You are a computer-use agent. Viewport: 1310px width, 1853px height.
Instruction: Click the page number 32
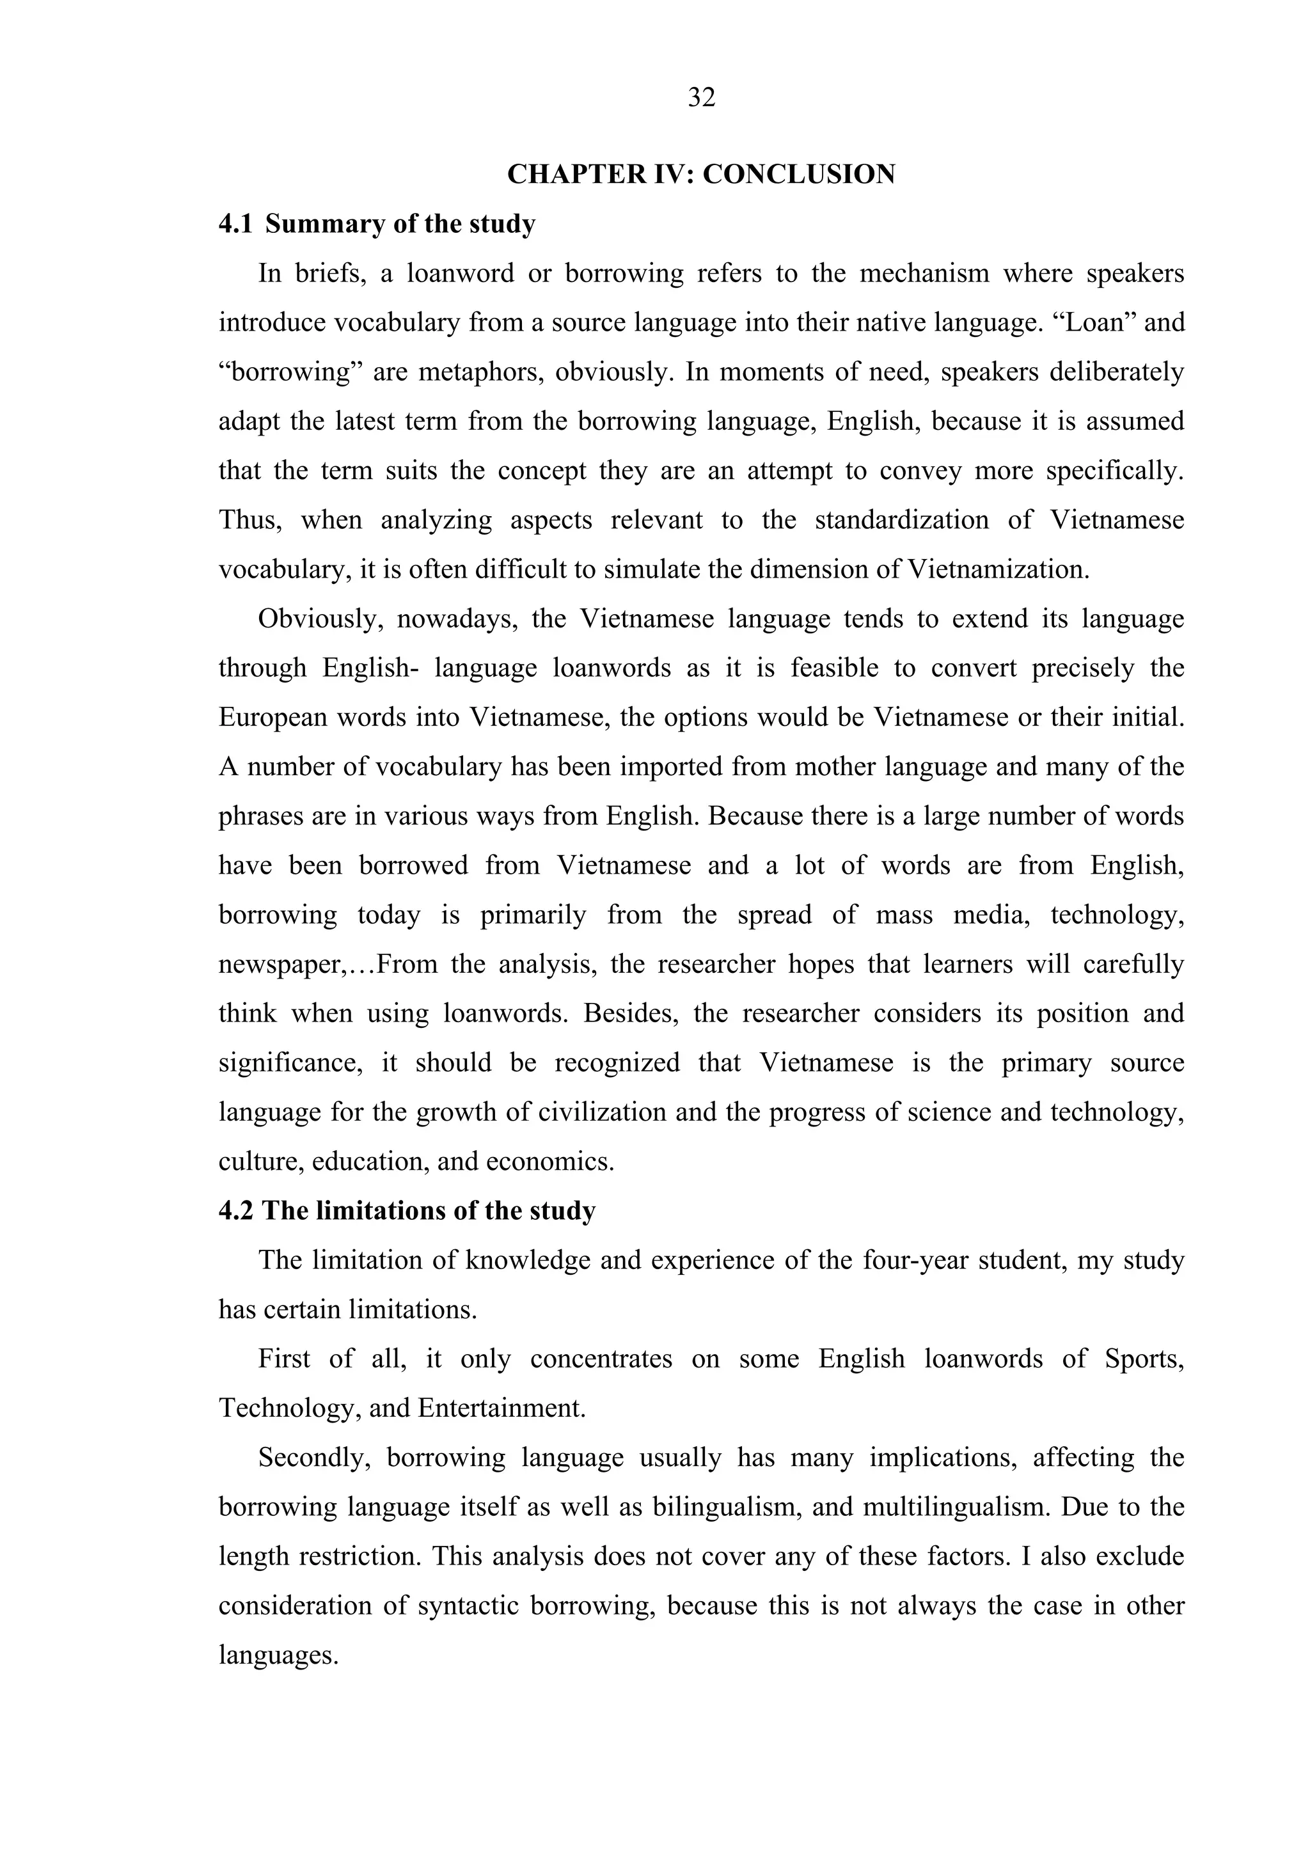click(702, 98)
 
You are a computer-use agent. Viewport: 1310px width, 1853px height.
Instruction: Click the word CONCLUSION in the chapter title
click(798, 175)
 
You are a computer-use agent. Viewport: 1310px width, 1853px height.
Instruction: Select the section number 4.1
click(235, 224)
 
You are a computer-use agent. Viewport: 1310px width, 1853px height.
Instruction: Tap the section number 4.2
click(235, 1211)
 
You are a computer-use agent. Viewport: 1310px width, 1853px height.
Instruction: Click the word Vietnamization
click(998, 570)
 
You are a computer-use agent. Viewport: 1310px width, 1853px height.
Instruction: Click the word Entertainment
click(500, 1408)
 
